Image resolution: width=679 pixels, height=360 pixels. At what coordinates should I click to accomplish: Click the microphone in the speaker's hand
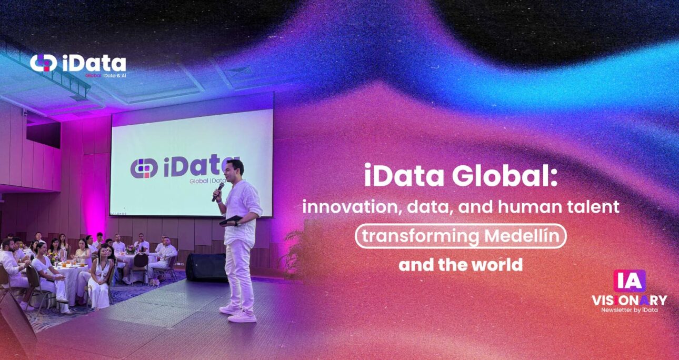coord(218,191)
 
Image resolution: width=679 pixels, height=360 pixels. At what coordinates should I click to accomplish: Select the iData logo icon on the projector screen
coord(144,168)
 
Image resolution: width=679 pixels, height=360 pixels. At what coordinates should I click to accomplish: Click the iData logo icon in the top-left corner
coord(43,63)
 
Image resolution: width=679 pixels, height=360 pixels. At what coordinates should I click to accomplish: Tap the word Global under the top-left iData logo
coord(93,75)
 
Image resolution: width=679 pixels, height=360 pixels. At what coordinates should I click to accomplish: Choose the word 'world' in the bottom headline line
coord(500,264)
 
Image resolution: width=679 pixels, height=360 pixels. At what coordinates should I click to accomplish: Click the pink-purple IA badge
coord(629,281)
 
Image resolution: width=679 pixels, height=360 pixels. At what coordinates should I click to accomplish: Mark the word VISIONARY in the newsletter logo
coord(629,301)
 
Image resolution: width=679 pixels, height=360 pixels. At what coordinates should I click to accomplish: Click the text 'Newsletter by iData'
coord(629,310)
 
